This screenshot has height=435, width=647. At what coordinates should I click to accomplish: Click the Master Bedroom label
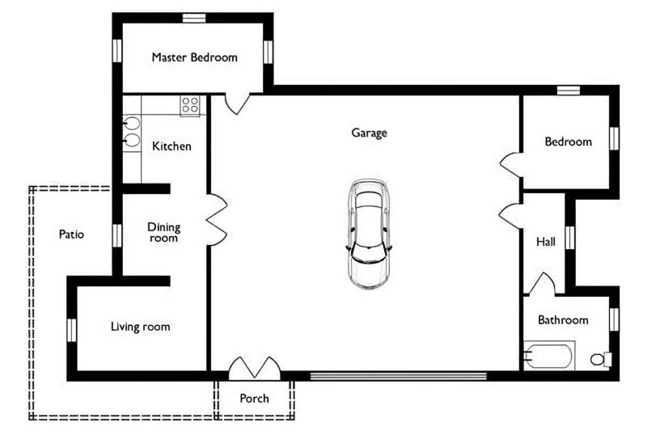click(194, 57)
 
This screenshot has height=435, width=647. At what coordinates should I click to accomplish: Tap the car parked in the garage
click(369, 234)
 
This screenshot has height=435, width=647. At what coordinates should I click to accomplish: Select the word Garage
click(370, 133)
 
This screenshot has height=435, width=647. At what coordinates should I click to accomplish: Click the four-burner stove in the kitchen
click(190, 106)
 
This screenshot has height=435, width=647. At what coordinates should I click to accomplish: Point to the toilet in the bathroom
click(601, 359)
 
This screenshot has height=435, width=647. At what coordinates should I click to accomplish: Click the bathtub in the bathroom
click(550, 356)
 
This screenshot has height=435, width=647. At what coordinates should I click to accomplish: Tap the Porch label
click(254, 399)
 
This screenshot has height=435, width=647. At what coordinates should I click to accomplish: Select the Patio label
click(71, 234)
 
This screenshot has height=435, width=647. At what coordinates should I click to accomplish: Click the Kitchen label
click(171, 146)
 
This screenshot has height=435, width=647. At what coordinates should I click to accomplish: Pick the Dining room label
click(164, 232)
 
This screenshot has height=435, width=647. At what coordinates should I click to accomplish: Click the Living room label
click(140, 327)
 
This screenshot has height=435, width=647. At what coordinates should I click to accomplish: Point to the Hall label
click(545, 242)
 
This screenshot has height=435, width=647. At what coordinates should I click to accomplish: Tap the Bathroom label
click(563, 320)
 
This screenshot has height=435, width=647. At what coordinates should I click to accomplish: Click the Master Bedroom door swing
click(237, 104)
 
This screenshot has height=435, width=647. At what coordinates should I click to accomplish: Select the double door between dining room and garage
click(217, 220)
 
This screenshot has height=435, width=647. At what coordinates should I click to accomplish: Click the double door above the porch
click(255, 368)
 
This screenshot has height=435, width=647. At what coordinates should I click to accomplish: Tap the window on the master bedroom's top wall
click(194, 18)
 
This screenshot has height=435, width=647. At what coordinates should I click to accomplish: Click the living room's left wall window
click(72, 330)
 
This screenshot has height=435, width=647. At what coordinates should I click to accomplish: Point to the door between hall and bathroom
click(541, 284)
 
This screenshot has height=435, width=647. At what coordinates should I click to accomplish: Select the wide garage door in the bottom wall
click(399, 376)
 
